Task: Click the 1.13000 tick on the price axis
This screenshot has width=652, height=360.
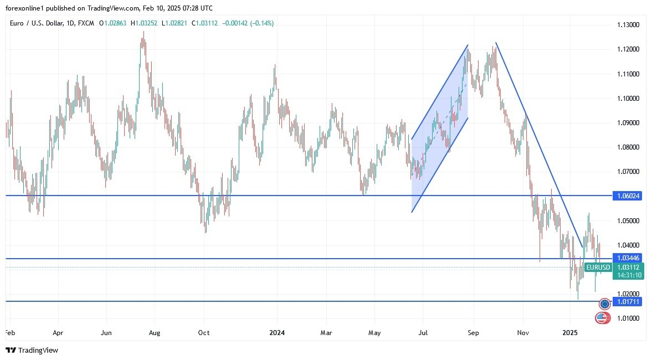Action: point(628,25)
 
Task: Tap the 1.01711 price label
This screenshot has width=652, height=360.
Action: point(628,302)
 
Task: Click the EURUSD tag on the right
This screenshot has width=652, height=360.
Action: point(598,268)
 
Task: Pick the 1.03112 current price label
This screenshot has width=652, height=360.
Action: point(628,267)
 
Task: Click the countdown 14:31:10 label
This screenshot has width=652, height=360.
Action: point(628,275)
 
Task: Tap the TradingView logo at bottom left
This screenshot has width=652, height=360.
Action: point(32,350)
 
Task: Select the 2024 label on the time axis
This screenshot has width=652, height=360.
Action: point(276,333)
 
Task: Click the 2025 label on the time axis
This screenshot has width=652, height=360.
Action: point(570,333)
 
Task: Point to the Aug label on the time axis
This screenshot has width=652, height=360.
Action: point(155,333)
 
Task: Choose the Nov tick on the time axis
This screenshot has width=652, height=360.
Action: point(522,333)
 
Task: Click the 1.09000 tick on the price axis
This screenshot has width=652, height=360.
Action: point(628,122)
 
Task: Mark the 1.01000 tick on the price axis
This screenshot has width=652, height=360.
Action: point(628,318)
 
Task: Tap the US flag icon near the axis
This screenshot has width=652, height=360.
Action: point(602,318)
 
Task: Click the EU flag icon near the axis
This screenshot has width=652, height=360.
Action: point(605,304)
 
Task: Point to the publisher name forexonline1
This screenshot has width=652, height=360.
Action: point(25,8)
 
